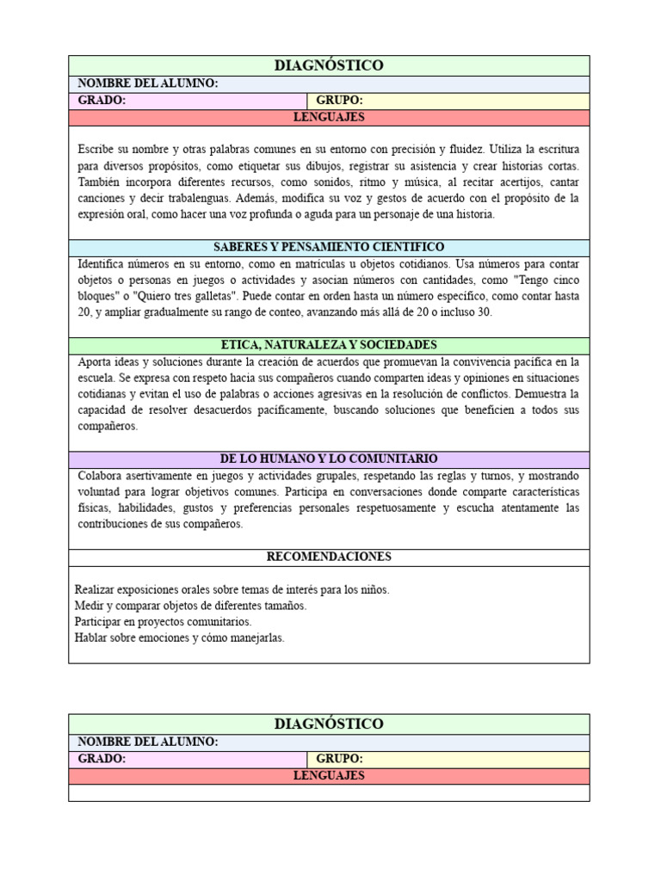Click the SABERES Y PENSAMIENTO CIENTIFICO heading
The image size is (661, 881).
(329, 247)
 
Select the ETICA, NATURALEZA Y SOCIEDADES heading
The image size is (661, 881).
(329, 345)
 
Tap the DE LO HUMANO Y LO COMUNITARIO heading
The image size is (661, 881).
(329, 459)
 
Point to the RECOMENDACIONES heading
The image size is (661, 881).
(329, 557)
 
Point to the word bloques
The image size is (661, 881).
(96, 296)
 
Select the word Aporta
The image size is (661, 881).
(95, 361)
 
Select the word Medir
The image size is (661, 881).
(89, 606)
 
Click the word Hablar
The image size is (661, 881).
(92, 638)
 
